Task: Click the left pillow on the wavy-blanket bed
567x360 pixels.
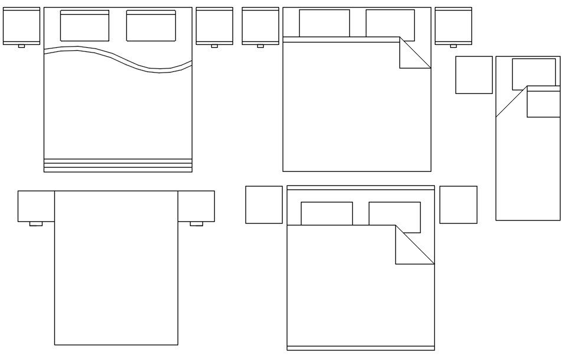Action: pos(84,26)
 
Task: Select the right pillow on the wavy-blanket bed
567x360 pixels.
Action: pos(151,26)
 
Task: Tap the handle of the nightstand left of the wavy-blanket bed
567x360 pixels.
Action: pos(21,46)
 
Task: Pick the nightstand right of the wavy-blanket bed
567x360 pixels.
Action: pos(214,25)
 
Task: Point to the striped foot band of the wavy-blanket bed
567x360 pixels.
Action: pos(118,165)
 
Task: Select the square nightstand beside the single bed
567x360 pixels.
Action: pos(474,75)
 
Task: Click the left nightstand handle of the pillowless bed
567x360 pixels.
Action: pos(36,224)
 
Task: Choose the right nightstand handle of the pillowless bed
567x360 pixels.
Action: pos(196,224)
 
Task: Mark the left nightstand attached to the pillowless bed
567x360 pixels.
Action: pos(36,206)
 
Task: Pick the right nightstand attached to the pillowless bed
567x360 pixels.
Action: pos(196,206)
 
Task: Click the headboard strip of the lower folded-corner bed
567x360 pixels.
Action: pos(360,188)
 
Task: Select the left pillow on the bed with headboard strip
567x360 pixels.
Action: pos(327,214)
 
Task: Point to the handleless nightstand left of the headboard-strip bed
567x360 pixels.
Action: pos(264,205)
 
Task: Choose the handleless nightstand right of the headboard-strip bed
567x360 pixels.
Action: pos(458,205)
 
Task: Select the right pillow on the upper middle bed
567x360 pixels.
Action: pos(390,24)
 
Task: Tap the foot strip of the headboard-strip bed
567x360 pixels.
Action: pos(360,348)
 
